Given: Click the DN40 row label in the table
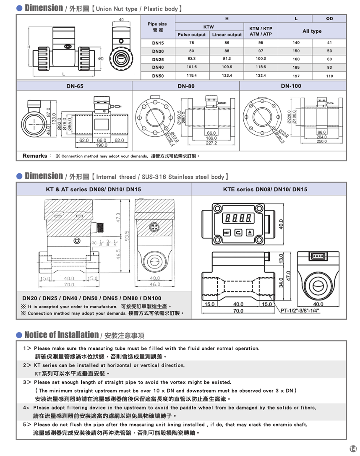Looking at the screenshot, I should (158, 67).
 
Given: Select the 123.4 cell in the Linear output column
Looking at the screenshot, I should (227, 76).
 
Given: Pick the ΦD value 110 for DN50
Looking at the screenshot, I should (329, 76).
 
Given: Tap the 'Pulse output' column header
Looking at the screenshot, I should (192, 34).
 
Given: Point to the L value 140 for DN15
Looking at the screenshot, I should (296, 43).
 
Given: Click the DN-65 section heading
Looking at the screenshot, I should (75, 86).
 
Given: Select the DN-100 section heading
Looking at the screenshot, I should (291, 86).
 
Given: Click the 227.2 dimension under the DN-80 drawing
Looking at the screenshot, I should (211, 143).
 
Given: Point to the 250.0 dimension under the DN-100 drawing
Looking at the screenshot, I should (322, 141).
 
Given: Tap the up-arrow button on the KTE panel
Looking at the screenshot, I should (250, 232).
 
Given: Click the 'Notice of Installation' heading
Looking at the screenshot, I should (62, 335).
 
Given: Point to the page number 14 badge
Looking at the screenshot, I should (352, 448).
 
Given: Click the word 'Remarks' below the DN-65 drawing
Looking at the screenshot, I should (34, 156).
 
